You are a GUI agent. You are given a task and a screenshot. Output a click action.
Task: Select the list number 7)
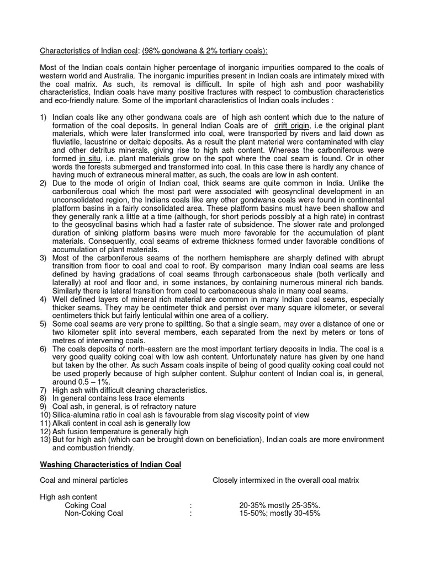[x=43, y=390]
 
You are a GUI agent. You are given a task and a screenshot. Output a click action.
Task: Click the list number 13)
[x=45, y=439]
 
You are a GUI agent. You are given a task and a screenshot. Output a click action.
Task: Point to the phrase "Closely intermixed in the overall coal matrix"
[x=286, y=480]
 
